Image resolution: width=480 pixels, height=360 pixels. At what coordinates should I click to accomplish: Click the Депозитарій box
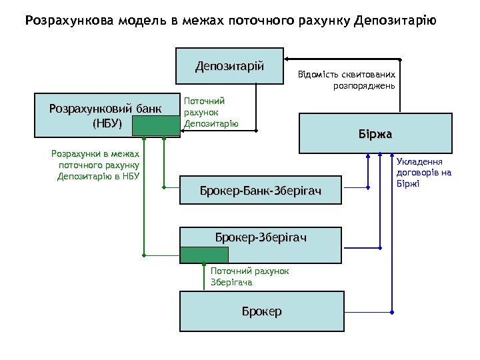click(229, 65)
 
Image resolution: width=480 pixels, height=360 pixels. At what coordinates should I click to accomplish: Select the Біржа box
click(375, 134)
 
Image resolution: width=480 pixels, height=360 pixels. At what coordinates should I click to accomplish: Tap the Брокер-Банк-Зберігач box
click(260, 192)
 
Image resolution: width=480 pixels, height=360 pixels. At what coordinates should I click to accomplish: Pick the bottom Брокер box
click(262, 311)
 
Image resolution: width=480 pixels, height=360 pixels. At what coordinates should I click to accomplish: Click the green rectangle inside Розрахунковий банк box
click(155, 125)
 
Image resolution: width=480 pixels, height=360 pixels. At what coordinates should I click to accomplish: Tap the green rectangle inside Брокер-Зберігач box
click(204, 255)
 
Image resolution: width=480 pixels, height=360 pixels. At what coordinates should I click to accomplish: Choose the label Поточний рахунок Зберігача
click(249, 277)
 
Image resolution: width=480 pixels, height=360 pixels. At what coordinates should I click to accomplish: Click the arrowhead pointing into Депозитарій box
click(288, 57)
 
